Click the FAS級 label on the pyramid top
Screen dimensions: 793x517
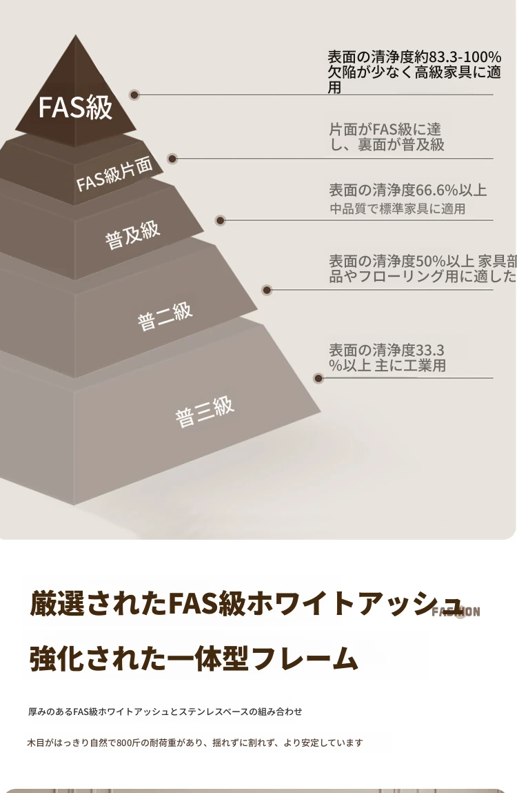coord(75,108)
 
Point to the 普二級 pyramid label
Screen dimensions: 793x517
coord(165,316)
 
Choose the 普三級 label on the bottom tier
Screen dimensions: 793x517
coord(205,411)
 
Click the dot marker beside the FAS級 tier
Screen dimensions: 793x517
coord(134,95)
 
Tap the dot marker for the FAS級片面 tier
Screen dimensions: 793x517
coord(172,158)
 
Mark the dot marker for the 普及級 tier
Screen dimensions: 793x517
coord(220,221)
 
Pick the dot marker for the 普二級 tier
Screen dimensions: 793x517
coord(267,290)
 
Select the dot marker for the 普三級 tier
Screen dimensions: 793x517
coord(318,378)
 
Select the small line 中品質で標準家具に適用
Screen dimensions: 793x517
coord(397,209)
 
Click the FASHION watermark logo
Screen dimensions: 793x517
coord(456,611)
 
